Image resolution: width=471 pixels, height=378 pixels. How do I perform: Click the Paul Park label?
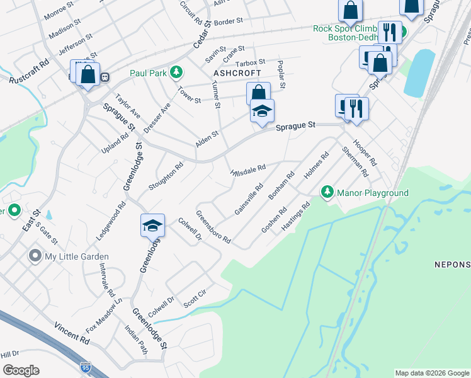pyautogui.click(x=149, y=73)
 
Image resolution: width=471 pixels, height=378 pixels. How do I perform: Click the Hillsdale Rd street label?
pyautogui.click(x=249, y=169)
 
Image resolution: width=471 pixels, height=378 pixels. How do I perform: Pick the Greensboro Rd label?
pyautogui.click(x=213, y=227)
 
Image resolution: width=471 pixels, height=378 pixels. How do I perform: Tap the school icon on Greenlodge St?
pyautogui.click(x=152, y=225)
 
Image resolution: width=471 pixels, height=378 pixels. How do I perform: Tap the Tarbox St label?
pyautogui.click(x=250, y=64)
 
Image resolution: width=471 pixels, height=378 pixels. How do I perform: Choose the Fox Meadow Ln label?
pyautogui.click(x=104, y=315)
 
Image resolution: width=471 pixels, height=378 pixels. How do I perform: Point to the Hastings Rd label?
pyautogui.click(x=296, y=215)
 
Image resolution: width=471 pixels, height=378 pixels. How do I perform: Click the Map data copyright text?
pyautogui.click(x=431, y=373)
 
